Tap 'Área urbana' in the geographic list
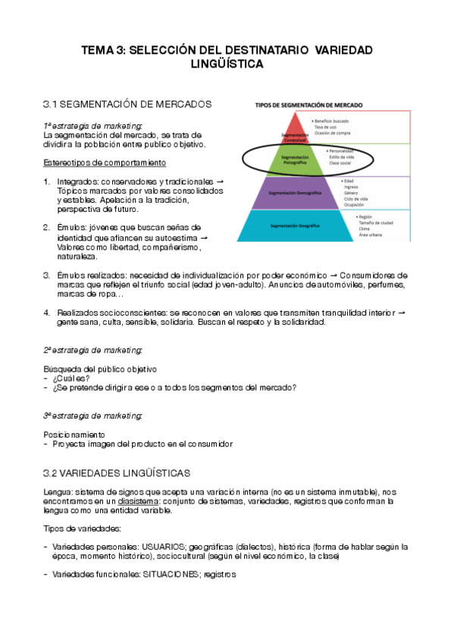(371, 235)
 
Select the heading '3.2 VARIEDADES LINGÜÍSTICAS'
(117, 473)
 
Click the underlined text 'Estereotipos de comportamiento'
(105, 163)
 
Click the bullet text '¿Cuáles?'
(72, 378)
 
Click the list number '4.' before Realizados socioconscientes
(47, 312)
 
